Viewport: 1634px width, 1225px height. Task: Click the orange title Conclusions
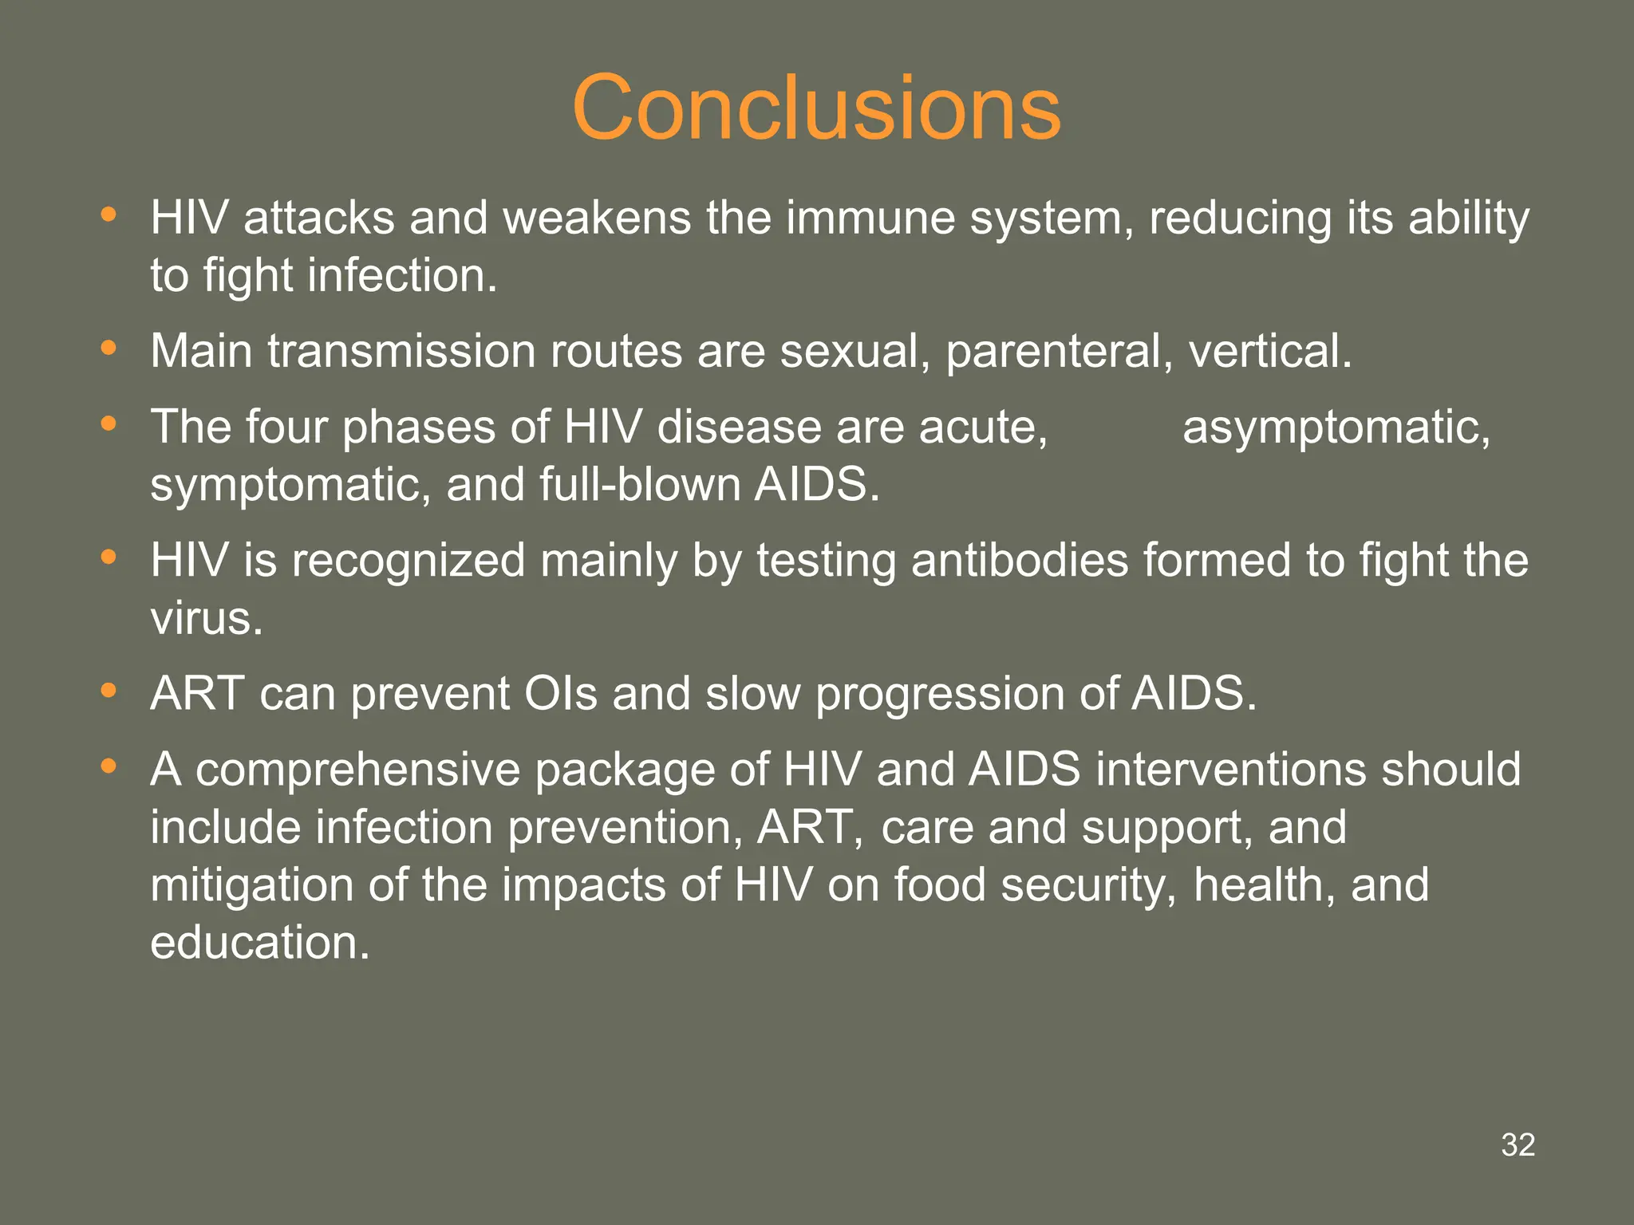click(x=816, y=108)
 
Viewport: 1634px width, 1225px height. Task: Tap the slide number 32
click(x=1518, y=1145)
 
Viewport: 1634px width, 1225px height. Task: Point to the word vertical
click(x=1270, y=351)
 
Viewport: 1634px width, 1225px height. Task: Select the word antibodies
click(x=1020, y=560)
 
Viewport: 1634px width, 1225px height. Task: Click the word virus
click(x=206, y=618)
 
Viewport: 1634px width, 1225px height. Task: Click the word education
click(x=259, y=943)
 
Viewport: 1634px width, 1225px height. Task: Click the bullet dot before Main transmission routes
click(x=109, y=348)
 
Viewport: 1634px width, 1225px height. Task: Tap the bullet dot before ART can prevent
click(x=109, y=691)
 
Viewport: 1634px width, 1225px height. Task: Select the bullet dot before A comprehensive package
click(x=109, y=766)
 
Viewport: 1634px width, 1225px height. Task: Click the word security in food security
click(x=1088, y=885)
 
